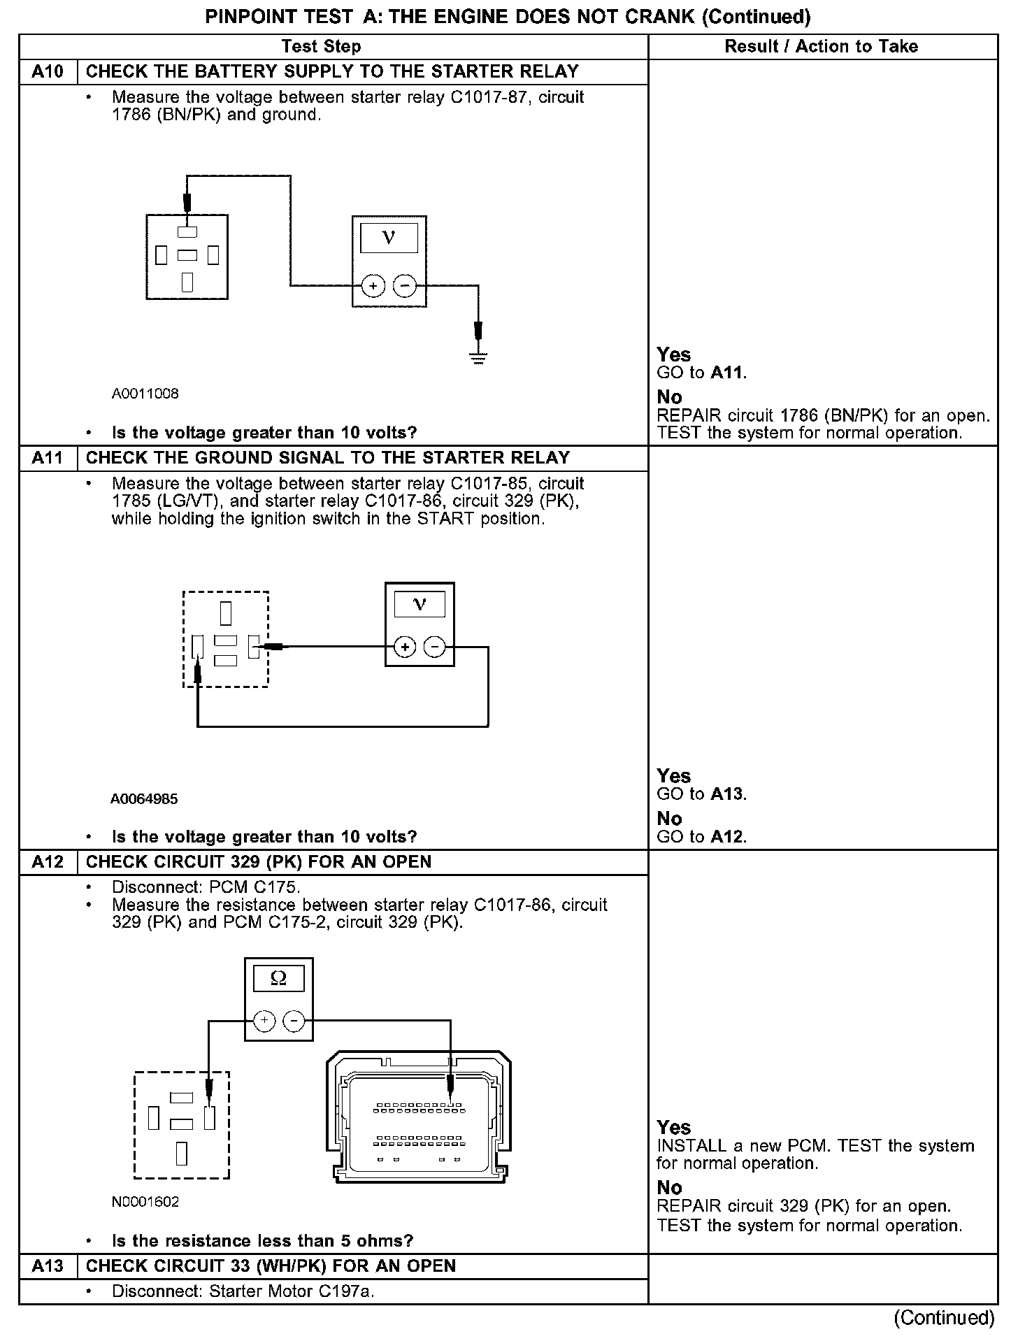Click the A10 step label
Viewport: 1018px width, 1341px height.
tap(48, 72)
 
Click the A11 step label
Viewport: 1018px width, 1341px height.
tap(48, 459)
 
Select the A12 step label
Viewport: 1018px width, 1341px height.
tap(48, 862)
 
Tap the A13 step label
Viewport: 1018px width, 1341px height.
tap(48, 1266)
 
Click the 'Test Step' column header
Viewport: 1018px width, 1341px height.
tap(321, 47)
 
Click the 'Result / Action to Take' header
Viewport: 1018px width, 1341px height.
tap(822, 47)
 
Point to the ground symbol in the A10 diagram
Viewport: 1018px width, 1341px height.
tap(478, 359)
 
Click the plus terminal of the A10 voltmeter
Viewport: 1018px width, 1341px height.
tap(373, 286)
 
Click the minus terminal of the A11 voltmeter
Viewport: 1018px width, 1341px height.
tap(435, 647)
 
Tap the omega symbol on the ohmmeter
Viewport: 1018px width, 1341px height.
tap(278, 979)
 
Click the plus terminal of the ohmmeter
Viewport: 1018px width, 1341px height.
tap(264, 1021)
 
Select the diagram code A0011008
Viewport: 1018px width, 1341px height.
tap(145, 394)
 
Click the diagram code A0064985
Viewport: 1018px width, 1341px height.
tap(144, 798)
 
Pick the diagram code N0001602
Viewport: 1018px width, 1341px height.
tap(145, 1202)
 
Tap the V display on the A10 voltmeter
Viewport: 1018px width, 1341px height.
tap(389, 238)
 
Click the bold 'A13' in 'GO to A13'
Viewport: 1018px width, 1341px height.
tap(728, 794)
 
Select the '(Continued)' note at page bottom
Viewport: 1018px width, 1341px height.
tap(944, 1318)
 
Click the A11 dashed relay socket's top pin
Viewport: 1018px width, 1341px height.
tap(225, 612)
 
